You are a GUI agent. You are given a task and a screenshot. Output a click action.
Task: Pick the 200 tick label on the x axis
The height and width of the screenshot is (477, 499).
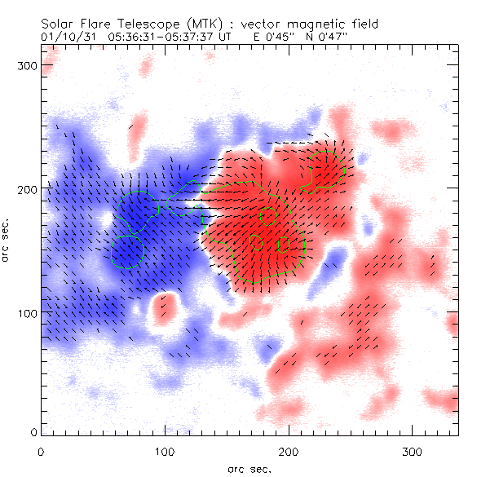click(x=289, y=451)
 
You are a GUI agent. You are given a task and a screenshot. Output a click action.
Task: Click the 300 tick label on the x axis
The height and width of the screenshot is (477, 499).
click(x=413, y=451)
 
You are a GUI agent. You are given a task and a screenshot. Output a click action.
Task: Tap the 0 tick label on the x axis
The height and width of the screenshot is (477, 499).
click(x=41, y=451)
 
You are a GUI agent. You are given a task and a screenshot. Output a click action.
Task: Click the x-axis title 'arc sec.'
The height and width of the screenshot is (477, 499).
click(x=249, y=469)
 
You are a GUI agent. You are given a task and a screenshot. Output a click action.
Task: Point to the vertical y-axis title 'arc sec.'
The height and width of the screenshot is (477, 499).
click(x=7, y=240)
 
